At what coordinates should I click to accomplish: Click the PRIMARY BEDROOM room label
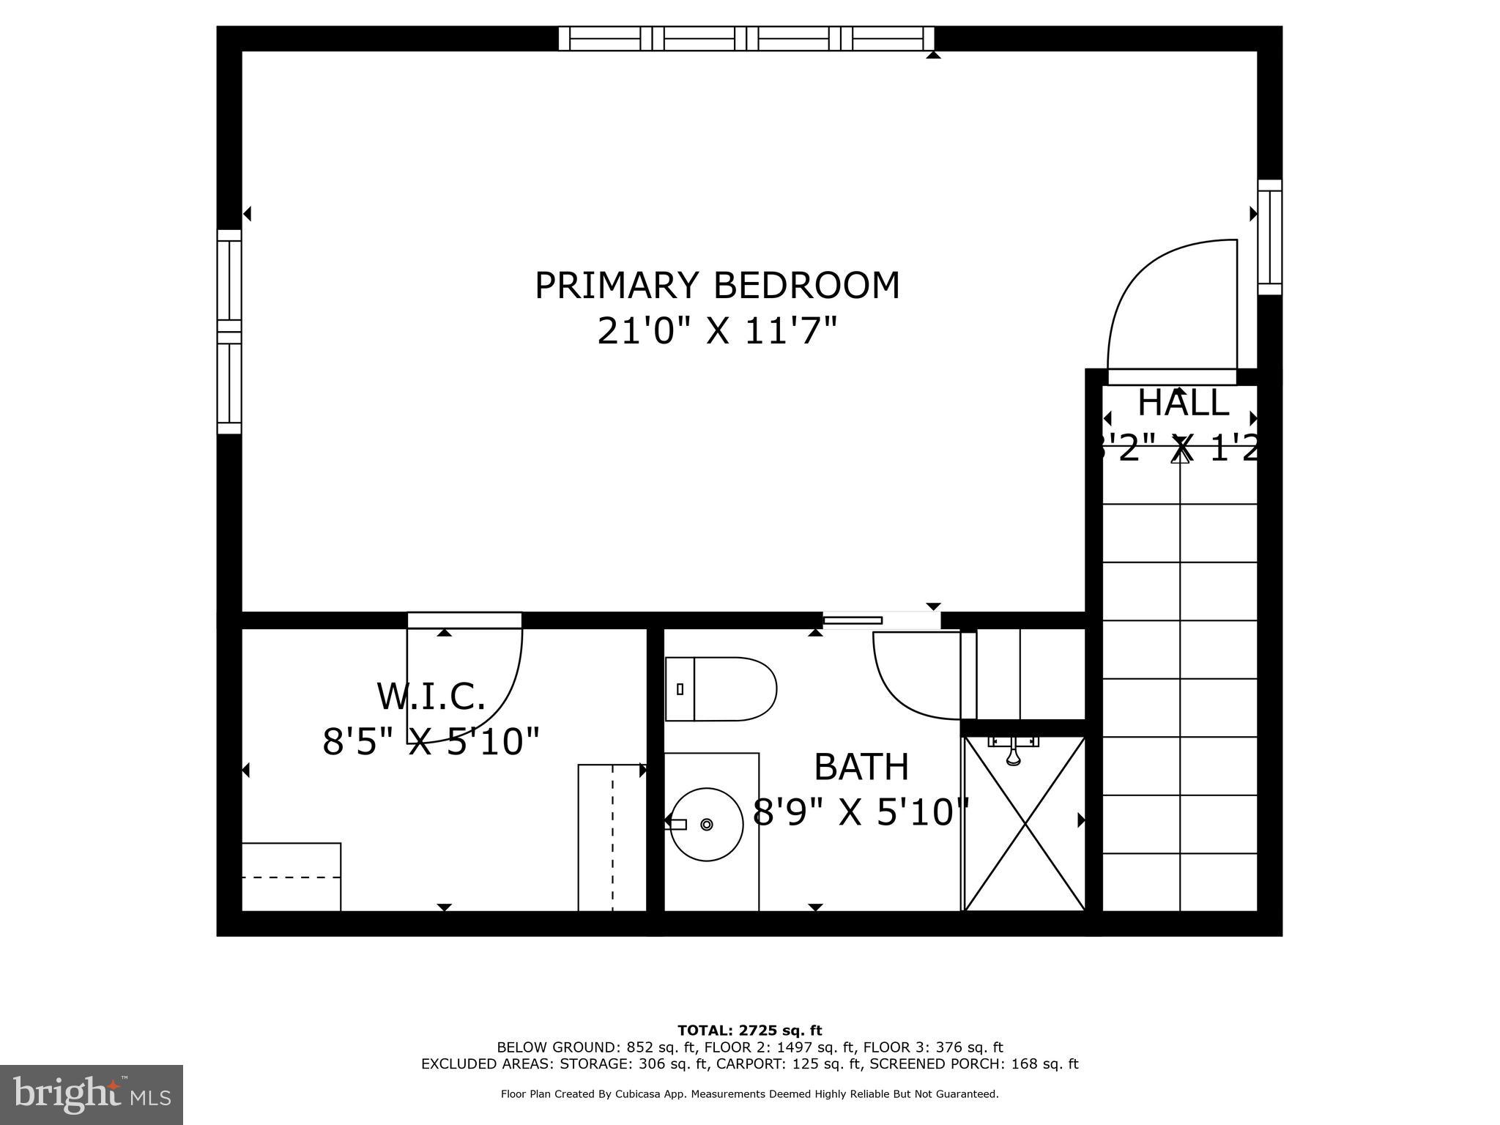coord(717,286)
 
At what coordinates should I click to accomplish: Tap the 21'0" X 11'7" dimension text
coord(717,331)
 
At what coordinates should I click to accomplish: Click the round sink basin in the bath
coord(707,824)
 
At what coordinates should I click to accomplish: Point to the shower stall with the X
coord(1025,824)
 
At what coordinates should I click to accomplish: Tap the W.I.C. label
coord(431,697)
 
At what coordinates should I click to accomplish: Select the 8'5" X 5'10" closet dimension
coord(431,742)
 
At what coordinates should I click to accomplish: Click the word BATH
coord(861,768)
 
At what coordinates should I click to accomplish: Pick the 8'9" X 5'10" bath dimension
coord(861,812)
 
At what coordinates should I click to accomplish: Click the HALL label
coord(1183,403)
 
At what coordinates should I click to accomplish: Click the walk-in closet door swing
coord(476,688)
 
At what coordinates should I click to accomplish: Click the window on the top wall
coord(746,38)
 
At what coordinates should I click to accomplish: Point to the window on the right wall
coord(1270,237)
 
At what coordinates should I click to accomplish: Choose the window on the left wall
coord(229,332)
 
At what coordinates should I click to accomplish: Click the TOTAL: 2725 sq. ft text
coord(749,1031)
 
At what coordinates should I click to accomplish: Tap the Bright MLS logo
coord(92,1095)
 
